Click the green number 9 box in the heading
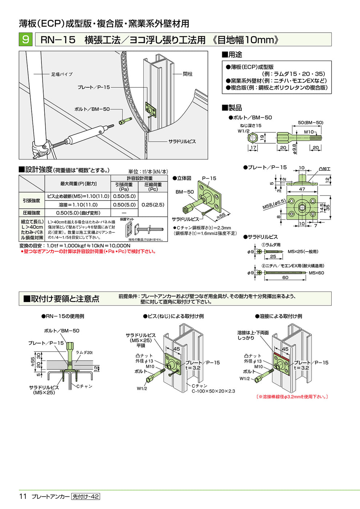25,39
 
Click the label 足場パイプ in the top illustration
62,74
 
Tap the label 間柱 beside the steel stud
188,74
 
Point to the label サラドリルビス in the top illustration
182,141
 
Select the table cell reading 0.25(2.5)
153,205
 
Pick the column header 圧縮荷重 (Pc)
153,187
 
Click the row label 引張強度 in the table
32,201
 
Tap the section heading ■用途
232,55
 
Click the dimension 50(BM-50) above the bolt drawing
311,123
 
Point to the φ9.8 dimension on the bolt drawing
295,149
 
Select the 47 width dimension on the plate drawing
302,189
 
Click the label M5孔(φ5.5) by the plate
274,204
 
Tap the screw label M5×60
316,273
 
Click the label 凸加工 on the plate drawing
324,169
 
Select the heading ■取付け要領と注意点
62,299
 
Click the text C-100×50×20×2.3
213,391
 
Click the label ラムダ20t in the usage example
84,353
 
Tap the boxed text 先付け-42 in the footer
85,497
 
